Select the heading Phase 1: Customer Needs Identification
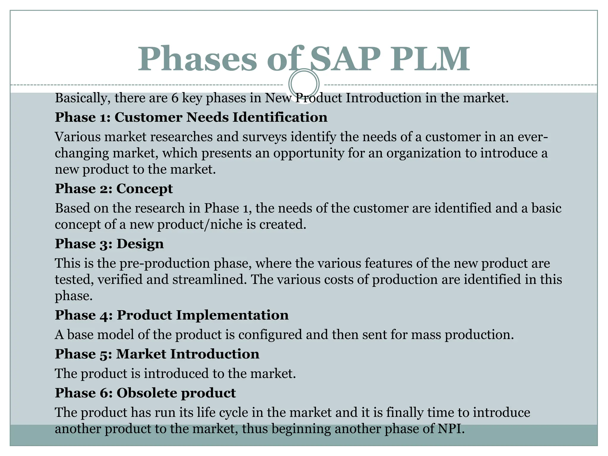click(191, 117)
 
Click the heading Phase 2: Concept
click(114, 189)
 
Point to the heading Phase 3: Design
click(109, 244)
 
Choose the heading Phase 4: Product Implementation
click(172, 315)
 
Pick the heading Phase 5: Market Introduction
click(157, 354)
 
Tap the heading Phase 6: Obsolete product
click(145, 393)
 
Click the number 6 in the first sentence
click(175, 98)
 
